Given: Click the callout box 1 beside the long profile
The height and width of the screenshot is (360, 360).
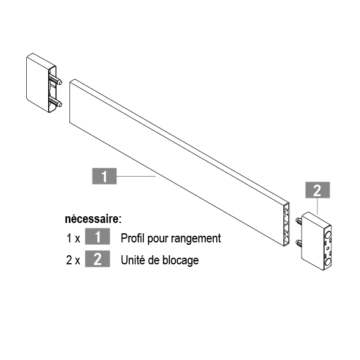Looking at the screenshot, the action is pos(104,176).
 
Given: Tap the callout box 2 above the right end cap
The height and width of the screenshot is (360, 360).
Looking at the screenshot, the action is pos(317,190).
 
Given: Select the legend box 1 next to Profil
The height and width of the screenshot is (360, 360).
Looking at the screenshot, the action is pos(97,236).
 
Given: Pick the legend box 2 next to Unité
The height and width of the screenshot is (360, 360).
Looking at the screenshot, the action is pos(97,259).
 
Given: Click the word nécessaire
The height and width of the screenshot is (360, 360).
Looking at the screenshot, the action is pos(93,219).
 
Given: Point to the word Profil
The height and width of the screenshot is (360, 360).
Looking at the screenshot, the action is pos(132,238).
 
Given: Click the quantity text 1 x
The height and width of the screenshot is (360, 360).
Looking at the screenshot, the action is pos(73,238).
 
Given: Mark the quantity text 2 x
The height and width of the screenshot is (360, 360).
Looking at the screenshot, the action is pos(73,260).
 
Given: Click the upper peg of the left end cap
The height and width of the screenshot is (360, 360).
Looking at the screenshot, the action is pos(55,80).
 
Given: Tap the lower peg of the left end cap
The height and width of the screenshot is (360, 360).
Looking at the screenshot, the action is pos(55,103).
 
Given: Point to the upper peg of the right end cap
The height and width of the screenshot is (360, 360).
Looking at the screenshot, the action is pos(300,221).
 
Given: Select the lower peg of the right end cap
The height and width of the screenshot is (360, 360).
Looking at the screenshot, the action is pos(299,243).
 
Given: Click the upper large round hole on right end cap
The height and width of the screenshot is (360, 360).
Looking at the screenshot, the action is pos(328,235).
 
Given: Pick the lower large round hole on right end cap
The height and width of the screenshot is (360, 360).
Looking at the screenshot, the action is pos(328,261).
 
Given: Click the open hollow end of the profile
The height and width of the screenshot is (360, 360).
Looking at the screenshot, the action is pos(286,225).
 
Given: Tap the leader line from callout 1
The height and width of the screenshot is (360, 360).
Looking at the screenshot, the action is pos(136,176).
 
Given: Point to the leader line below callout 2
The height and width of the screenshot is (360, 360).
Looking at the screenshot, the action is pos(317,206).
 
